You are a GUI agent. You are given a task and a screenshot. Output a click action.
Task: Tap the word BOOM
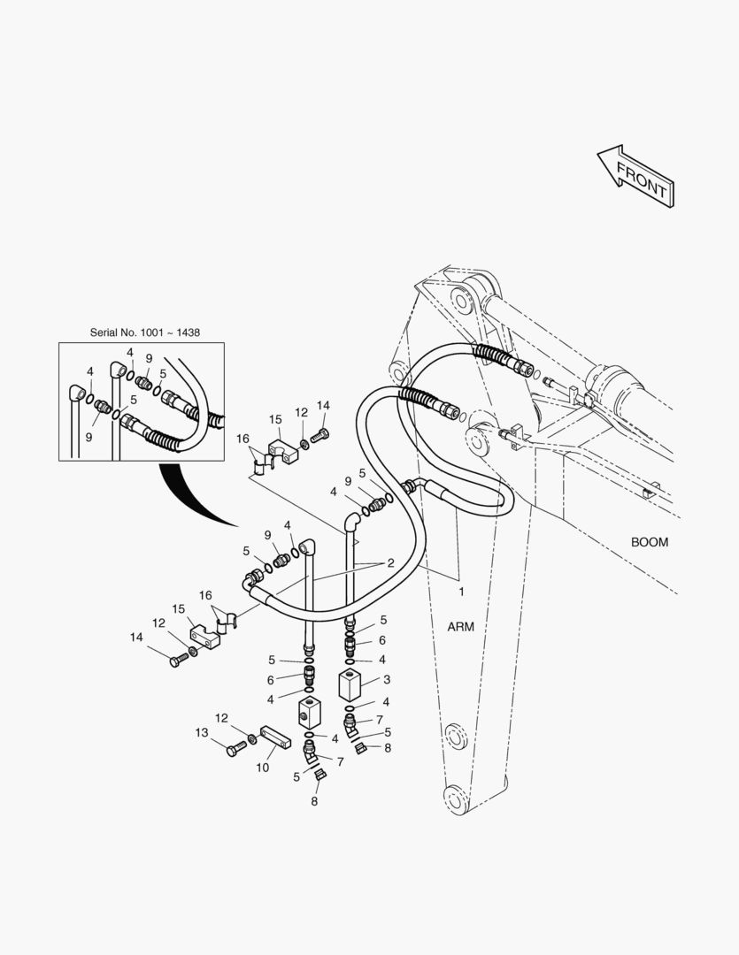(649, 542)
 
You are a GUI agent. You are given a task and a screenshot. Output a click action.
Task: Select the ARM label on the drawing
(460, 627)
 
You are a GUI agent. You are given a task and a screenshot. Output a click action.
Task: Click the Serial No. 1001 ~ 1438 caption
(144, 332)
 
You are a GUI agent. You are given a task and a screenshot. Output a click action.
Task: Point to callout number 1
(459, 589)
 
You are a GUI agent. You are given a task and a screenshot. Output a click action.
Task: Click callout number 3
(387, 680)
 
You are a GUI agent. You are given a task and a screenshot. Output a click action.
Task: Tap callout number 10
(263, 768)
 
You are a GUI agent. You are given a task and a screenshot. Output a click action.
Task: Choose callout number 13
(201, 732)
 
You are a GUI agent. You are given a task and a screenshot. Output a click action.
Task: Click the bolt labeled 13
(235, 750)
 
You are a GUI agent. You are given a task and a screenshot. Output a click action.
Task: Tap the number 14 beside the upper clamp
(323, 405)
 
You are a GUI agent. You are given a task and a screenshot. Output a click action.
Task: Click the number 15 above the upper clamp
(275, 419)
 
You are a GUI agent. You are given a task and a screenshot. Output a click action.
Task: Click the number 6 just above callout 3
(382, 640)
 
